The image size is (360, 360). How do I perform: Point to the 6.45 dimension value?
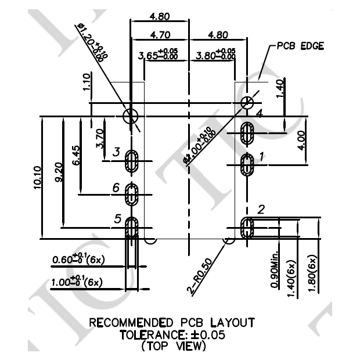[x=77, y=155]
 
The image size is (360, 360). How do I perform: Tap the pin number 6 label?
[x=116, y=188]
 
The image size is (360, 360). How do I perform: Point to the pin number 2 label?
[x=261, y=210]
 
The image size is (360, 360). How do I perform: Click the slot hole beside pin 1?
[x=248, y=165]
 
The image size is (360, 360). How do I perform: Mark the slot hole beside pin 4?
[x=248, y=133]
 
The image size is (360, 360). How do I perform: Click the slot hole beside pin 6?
[x=132, y=195]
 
